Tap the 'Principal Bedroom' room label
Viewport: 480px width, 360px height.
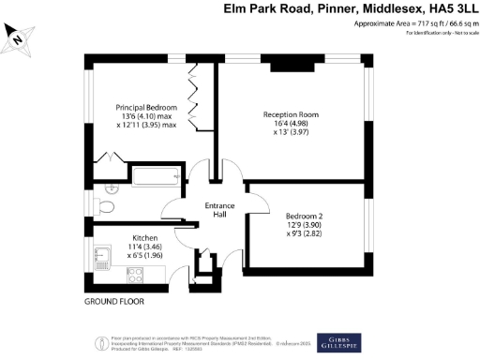click(146, 108)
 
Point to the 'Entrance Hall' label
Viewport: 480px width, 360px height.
click(217, 210)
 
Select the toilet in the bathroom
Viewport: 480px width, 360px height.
click(106, 206)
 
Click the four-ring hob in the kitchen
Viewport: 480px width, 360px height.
click(133, 275)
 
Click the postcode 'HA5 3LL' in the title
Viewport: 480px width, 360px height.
click(446, 9)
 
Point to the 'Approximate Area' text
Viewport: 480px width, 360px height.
click(374, 23)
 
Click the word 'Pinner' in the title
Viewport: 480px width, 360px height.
click(319, 9)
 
